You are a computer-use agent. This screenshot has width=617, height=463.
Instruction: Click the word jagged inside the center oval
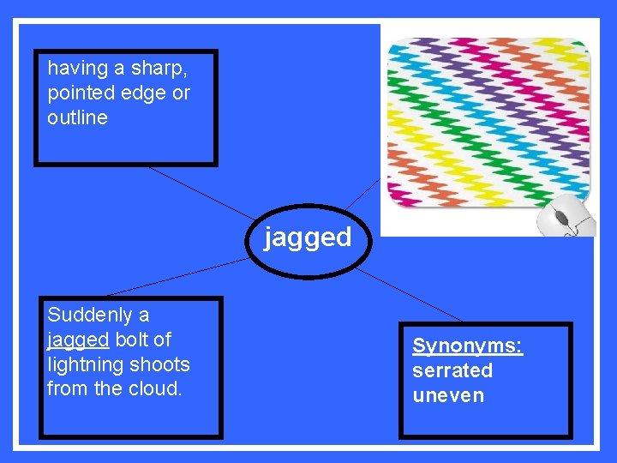click(x=308, y=238)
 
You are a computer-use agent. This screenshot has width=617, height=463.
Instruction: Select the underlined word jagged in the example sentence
click(x=78, y=340)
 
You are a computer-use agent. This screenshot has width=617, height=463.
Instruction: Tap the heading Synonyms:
click(x=467, y=346)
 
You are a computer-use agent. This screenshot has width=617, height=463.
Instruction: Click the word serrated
click(x=452, y=370)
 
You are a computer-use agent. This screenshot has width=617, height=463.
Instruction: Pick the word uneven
click(x=448, y=395)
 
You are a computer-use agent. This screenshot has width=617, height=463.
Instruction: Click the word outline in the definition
click(x=77, y=117)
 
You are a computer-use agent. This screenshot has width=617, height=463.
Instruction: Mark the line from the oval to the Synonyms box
click(x=411, y=296)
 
